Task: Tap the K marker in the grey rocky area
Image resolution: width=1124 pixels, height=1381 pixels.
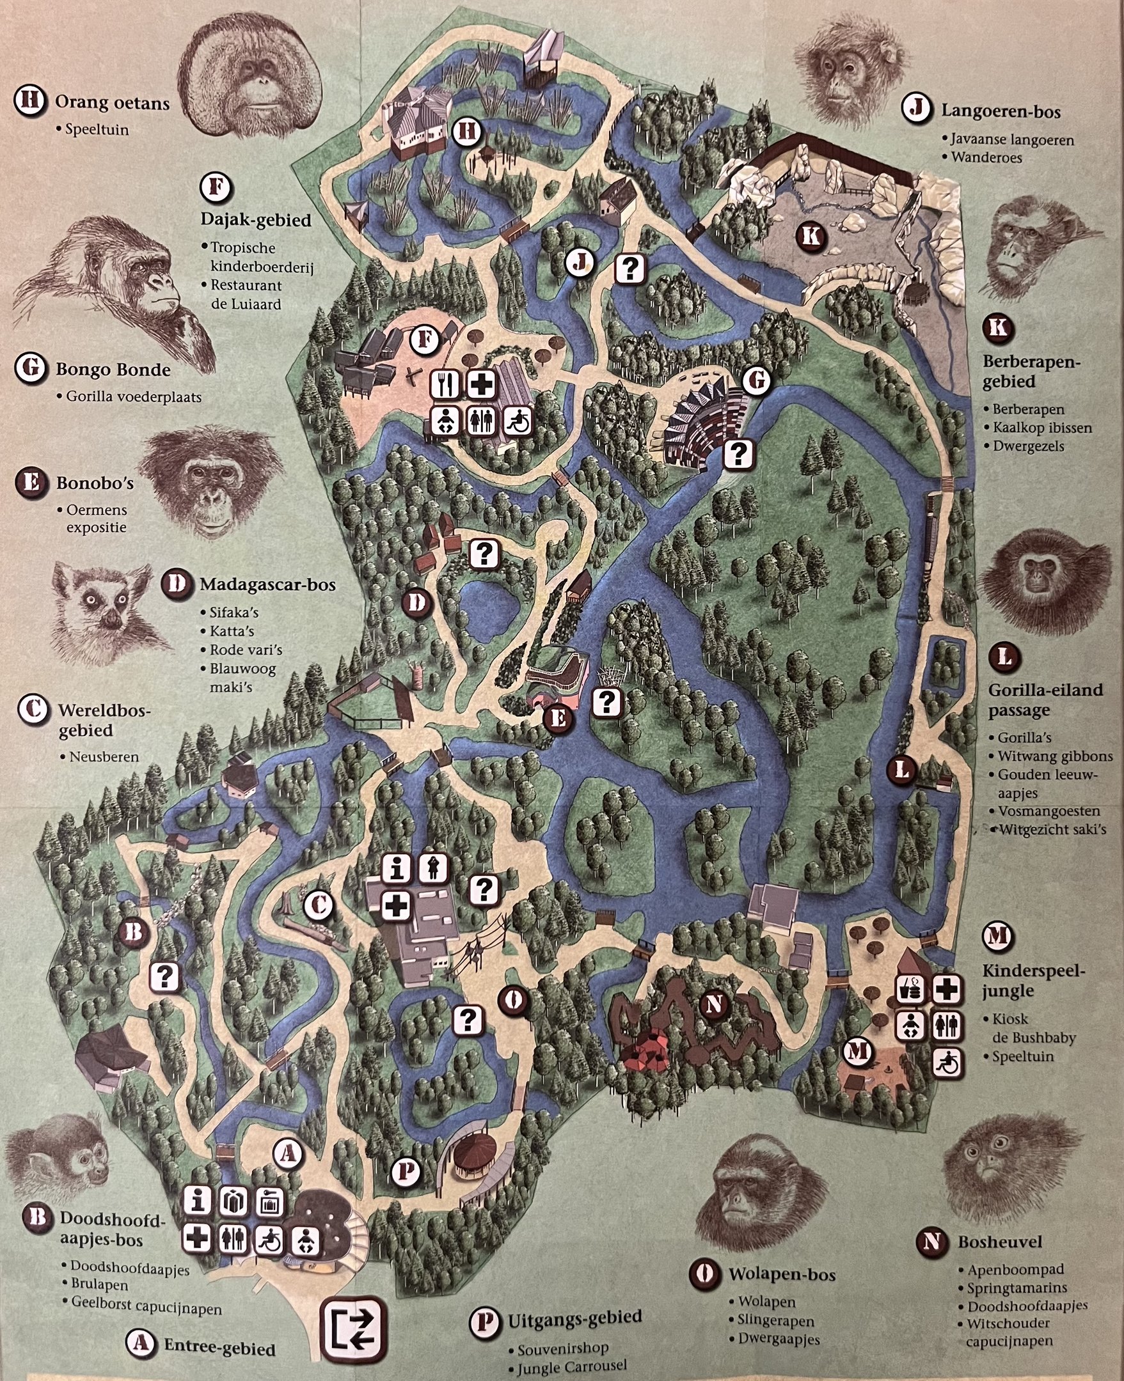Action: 810,235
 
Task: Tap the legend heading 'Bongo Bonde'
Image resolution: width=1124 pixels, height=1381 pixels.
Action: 113,370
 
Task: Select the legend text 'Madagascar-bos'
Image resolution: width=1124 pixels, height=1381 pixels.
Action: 267,584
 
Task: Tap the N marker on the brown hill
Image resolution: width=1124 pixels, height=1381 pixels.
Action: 714,1004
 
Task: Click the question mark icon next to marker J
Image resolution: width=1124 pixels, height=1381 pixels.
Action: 630,268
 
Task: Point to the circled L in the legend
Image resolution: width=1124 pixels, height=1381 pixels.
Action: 1004,657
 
